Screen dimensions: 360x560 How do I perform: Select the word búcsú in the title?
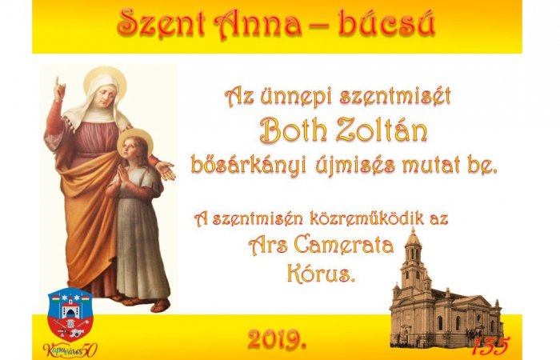[391, 26]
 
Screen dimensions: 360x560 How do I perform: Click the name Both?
[296, 130]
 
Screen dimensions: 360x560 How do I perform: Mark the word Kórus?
[320, 274]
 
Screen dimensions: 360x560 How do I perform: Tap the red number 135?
[490, 344]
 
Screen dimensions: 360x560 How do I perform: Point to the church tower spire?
[413, 237]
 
